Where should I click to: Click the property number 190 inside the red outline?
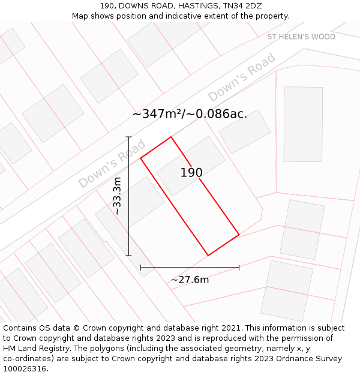coord(191,173)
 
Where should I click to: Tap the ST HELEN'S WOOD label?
coord(301,37)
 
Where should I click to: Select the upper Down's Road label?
coord(241,77)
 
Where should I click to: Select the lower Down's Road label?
coord(112,164)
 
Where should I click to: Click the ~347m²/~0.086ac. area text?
coord(190,114)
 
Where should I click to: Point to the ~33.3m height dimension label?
coord(118,196)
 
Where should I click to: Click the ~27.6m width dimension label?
coord(190,280)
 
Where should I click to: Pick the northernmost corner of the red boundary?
coord(171,137)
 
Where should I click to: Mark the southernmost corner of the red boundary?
coord(208,256)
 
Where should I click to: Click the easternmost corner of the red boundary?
coord(239,234)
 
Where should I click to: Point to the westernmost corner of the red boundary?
coord(140,158)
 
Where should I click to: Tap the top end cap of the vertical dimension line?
coord(128,137)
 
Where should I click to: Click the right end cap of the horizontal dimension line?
coord(239,267)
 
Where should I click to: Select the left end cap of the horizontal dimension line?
coord(140,267)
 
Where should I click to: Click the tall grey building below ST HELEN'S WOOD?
coord(303,115)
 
